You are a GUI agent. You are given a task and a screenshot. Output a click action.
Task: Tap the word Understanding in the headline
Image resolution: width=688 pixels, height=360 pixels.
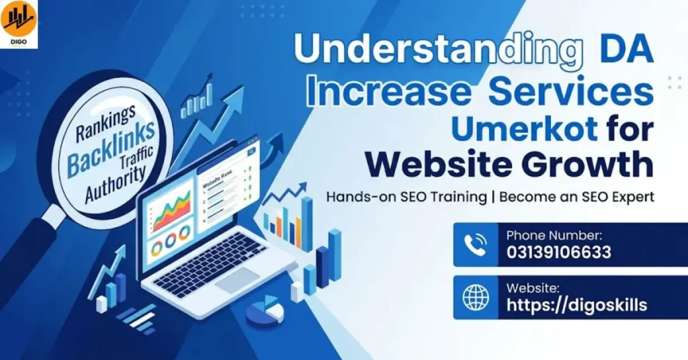click(439, 50)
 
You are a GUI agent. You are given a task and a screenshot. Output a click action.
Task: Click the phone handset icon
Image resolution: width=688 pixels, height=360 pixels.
click(475, 244)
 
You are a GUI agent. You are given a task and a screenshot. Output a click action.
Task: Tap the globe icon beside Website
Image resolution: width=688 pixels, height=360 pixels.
click(476, 297)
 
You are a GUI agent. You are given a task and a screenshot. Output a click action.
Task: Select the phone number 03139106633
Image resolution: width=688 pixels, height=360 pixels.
click(558, 253)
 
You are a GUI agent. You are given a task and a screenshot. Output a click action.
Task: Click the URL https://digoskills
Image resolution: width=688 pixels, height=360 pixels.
click(576, 305)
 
